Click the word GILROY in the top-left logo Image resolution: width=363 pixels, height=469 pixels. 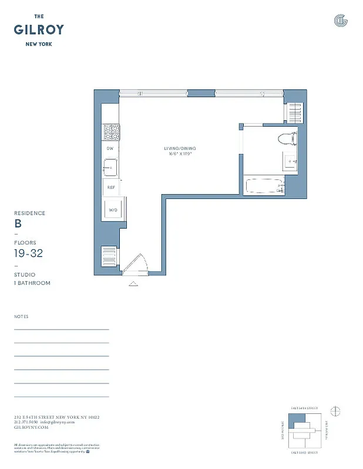(x=39, y=29)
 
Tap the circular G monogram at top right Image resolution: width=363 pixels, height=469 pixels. (x=340, y=21)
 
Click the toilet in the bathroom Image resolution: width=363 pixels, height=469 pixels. (x=288, y=139)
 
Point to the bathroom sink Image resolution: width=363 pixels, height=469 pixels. (x=290, y=162)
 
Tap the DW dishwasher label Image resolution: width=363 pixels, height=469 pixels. (x=110, y=149)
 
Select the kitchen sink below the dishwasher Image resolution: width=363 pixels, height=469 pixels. (x=110, y=169)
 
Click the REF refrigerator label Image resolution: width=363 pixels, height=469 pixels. (x=110, y=188)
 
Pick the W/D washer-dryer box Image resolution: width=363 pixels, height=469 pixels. (x=113, y=209)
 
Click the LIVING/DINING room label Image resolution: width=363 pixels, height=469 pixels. (x=180, y=148)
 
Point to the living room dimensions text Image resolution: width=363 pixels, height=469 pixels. (x=180, y=154)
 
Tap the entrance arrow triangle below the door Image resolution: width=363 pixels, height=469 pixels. (x=133, y=284)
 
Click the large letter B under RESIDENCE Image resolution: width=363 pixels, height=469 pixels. (x=18, y=223)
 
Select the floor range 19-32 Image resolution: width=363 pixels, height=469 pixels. (x=28, y=253)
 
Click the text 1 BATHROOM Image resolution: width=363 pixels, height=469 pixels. (x=32, y=283)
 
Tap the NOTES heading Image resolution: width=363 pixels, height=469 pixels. (x=21, y=317)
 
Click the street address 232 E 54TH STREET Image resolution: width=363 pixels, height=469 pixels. (x=56, y=417)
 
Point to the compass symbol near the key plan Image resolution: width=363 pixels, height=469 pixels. (x=336, y=410)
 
